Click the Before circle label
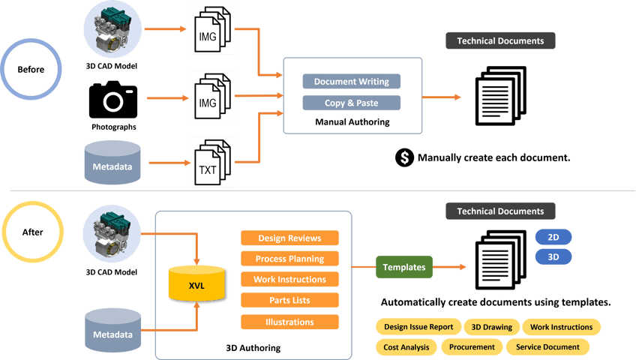tap(31, 70)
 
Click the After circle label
tap(31, 232)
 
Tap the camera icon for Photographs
tap(113, 99)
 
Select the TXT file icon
tap(211, 161)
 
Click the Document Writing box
tap(351, 81)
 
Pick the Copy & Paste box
tap(351, 103)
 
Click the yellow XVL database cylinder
tap(196, 285)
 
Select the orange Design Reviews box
tap(289, 238)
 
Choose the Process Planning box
tap(289, 259)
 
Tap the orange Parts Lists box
tap(289, 301)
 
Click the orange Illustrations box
tap(289, 322)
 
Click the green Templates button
tap(404, 267)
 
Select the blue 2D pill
tap(553, 237)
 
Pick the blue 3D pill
tap(553, 256)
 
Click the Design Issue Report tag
tap(417, 327)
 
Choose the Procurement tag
tap(472, 347)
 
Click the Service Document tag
tap(547, 347)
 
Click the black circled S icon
tap(404, 158)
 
